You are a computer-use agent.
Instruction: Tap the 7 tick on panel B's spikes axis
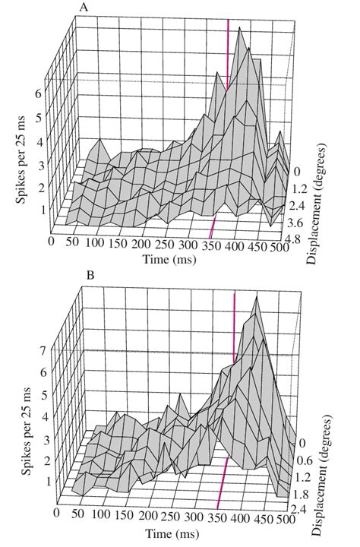[44, 352]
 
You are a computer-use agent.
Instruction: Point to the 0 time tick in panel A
[52, 241]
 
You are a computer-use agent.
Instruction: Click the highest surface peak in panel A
[241, 29]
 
